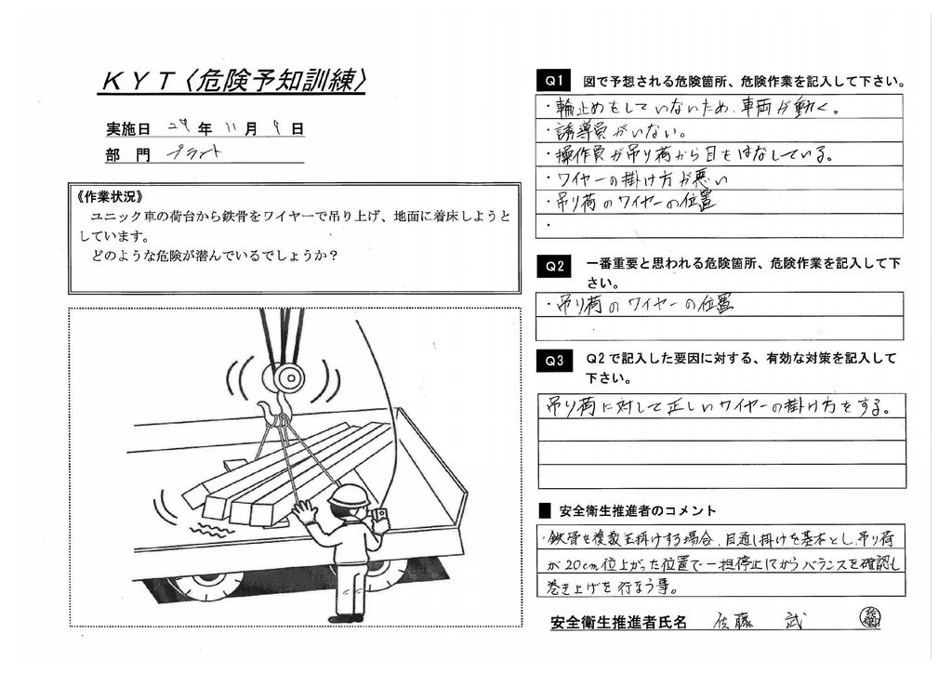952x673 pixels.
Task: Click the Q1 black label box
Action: coord(555,82)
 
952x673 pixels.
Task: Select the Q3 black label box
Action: coord(555,363)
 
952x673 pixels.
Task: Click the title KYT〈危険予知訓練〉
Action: coord(232,82)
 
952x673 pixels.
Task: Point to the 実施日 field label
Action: coord(127,129)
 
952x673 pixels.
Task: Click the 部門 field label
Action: coord(127,155)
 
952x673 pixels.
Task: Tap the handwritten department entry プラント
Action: coord(194,153)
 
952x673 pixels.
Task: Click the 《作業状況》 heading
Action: coord(108,199)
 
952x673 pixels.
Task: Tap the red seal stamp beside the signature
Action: coord(870,617)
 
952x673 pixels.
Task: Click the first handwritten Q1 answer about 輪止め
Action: coord(697,107)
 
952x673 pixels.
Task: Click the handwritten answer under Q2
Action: coord(641,304)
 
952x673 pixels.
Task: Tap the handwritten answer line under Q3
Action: coord(716,406)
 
